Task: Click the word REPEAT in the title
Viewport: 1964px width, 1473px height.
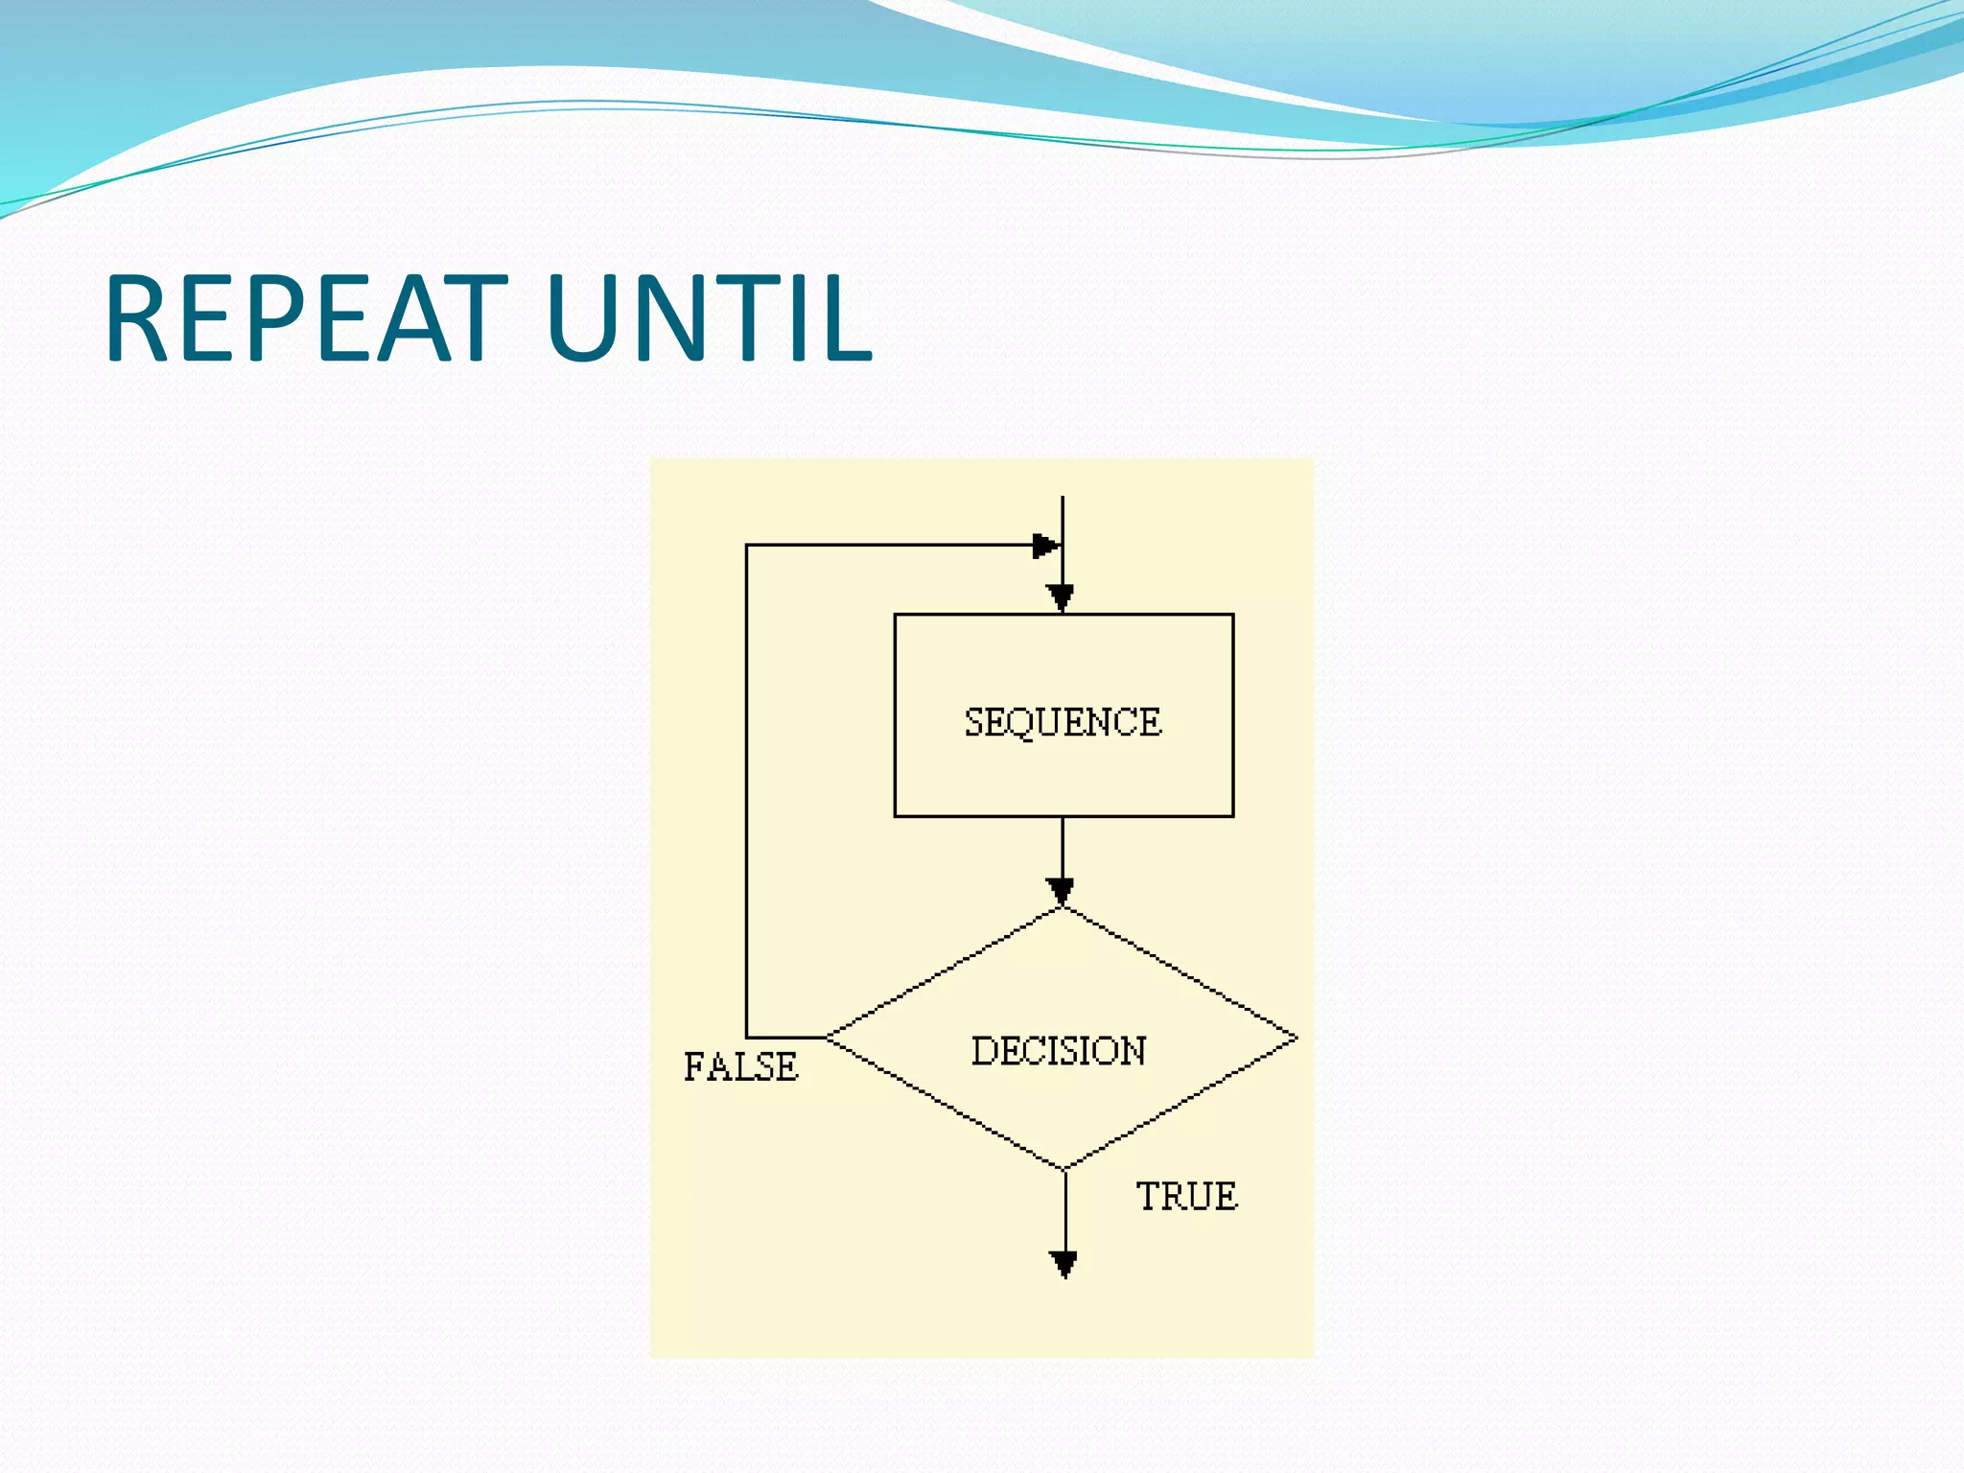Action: pyautogui.click(x=305, y=318)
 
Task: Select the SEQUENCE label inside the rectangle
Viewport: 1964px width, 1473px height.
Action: pyautogui.click(x=1063, y=722)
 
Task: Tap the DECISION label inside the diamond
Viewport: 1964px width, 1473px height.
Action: pyautogui.click(x=1059, y=1051)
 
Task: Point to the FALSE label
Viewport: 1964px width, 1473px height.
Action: pyautogui.click(x=740, y=1066)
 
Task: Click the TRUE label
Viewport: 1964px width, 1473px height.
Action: pyautogui.click(x=1186, y=1197)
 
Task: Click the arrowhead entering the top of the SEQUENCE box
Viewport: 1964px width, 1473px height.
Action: pyautogui.click(x=1062, y=598)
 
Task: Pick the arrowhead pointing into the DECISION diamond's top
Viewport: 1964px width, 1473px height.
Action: pyautogui.click(x=1062, y=891)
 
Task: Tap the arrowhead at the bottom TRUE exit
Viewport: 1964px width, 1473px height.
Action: pyautogui.click(x=1064, y=1264)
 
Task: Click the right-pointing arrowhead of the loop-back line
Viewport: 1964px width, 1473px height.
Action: pyautogui.click(x=1045, y=546)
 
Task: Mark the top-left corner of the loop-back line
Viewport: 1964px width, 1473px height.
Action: pyautogui.click(x=747, y=546)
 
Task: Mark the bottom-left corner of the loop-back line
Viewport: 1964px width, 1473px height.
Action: pyautogui.click(x=747, y=1037)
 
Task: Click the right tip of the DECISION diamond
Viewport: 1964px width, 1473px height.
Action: pyautogui.click(x=1297, y=1037)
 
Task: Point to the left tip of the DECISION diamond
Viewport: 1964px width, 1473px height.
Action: pyautogui.click(x=828, y=1037)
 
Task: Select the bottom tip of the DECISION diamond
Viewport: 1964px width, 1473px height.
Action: pyautogui.click(x=1064, y=1168)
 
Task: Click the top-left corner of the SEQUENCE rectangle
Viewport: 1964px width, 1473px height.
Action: pyautogui.click(x=895, y=615)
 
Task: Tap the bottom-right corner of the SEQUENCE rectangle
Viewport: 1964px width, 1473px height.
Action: pyautogui.click(x=1233, y=816)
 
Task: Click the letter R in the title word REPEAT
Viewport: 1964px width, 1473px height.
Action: pyautogui.click(x=137, y=318)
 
